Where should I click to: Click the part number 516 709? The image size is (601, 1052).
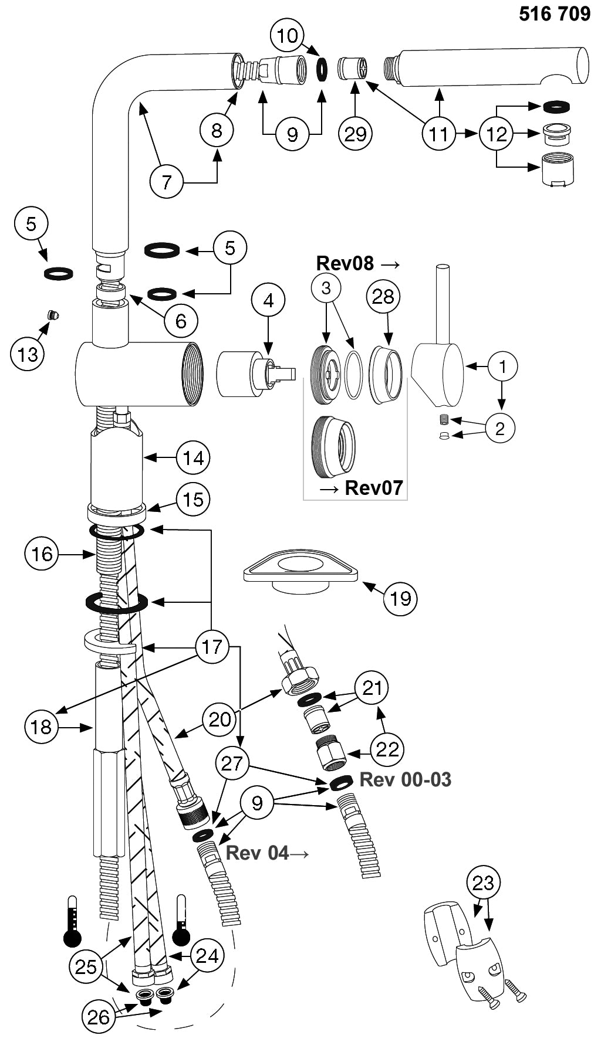click(x=554, y=13)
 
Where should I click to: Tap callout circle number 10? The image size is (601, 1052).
click(x=288, y=36)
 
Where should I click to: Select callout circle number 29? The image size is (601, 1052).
click(x=355, y=134)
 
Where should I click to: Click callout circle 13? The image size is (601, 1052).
click(x=28, y=354)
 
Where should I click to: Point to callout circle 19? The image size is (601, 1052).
click(x=401, y=598)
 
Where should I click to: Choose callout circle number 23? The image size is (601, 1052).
click(x=483, y=883)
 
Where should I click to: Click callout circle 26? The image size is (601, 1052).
click(x=99, y=1016)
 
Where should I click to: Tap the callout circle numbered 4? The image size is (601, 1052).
click(x=268, y=300)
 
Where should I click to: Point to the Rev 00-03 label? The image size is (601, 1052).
click(x=405, y=779)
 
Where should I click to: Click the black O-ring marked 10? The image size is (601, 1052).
click(x=322, y=67)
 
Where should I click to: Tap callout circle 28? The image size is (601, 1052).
click(x=383, y=297)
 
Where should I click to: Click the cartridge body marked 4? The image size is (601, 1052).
click(x=241, y=373)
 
